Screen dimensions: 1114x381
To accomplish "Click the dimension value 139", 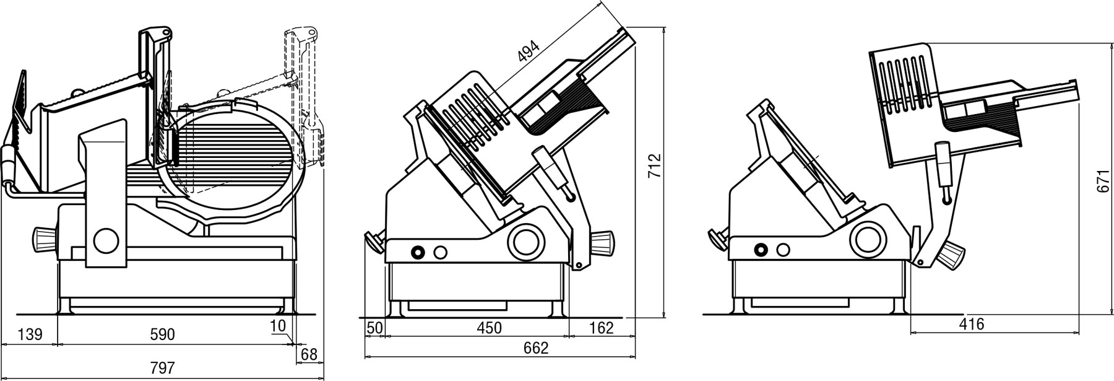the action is pos(30,335).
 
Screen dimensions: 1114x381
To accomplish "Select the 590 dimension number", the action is pos(162,335).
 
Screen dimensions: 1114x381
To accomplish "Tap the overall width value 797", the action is pos(162,367).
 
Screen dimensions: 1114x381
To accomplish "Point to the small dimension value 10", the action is pos(278,326).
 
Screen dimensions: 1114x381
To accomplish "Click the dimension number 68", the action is pos(309,355).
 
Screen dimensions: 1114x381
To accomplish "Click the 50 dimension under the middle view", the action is pos(374,328).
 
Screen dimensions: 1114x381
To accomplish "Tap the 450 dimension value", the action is pos(489,328).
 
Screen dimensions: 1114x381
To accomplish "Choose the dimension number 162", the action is pos(600,328).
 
